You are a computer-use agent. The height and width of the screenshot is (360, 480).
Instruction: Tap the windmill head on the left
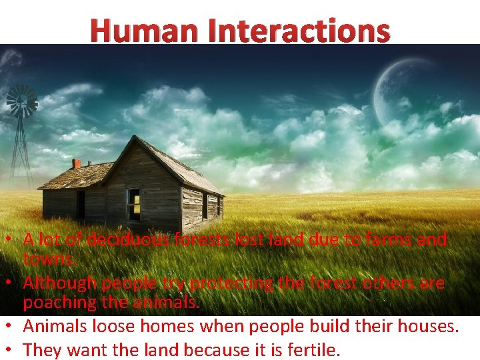point(21,101)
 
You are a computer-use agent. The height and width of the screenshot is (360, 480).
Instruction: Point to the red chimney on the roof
point(77,163)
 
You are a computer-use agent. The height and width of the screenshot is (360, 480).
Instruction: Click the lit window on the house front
point(134,203)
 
